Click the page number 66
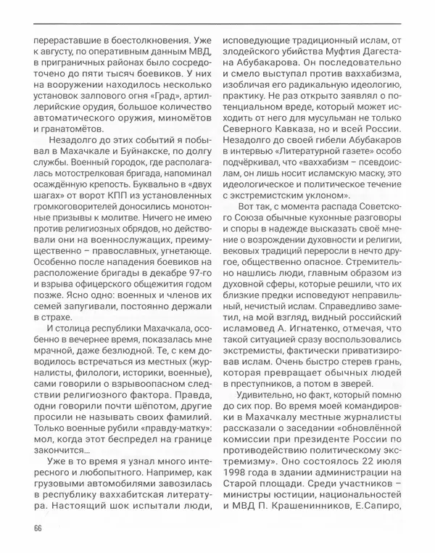click(38, 527)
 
